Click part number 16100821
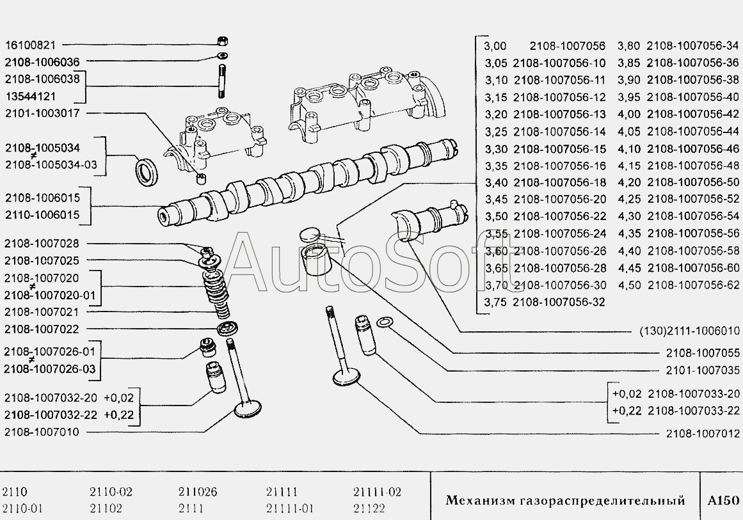31,45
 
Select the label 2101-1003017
42,113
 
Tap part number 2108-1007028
42,244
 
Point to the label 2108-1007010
42,432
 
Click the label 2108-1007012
703,434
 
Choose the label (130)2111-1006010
690,331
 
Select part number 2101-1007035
703,370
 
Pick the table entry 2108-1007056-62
693,285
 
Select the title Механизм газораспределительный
565,500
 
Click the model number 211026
198,492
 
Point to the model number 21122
369,509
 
